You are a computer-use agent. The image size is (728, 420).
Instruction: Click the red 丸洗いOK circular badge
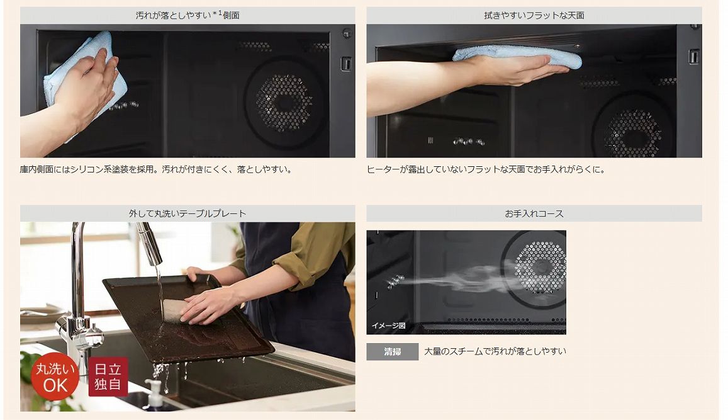point(55,377)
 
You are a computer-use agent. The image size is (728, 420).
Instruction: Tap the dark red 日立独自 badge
point(108,377)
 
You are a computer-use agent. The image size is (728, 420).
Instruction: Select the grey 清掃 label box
point(393,352)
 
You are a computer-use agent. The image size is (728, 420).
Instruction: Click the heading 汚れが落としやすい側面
point(188,15)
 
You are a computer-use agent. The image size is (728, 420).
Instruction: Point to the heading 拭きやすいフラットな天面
point(534,15)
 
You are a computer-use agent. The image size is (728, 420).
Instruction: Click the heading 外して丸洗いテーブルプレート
point(188,213)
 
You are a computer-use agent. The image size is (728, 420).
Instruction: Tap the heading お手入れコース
point(534,213)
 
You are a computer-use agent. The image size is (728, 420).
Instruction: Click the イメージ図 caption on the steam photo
point(388,326)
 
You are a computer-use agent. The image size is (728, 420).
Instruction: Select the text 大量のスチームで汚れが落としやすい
point(495,351)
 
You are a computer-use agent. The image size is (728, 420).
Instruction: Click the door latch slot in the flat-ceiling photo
point(693,57)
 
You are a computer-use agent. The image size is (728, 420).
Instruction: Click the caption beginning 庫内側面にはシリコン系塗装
point(157,169)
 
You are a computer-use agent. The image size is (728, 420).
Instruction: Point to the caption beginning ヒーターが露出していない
point(486,169)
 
